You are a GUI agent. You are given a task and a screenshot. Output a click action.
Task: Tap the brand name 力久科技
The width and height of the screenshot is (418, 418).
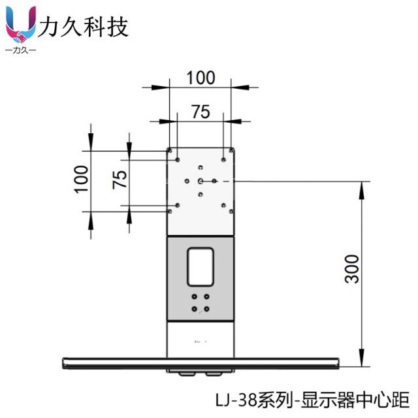point(84,27)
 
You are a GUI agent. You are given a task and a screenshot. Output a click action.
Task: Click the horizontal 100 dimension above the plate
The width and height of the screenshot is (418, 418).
point(201,77)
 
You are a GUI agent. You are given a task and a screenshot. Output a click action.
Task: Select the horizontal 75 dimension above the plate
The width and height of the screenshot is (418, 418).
point(201,112)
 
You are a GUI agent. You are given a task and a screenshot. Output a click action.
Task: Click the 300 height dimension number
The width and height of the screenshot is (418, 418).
point(353,268)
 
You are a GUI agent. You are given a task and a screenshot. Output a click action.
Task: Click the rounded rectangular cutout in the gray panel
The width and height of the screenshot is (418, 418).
point(201,266)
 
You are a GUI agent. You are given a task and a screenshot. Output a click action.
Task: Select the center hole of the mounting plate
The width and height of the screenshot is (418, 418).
point(201,180)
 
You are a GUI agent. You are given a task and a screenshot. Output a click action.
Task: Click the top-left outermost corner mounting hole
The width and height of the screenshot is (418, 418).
point(170,150)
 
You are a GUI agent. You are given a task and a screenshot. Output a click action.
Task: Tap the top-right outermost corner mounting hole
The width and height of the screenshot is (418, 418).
point(231,150)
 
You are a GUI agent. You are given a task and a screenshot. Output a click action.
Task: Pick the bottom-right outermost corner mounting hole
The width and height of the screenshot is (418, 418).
point(231,211)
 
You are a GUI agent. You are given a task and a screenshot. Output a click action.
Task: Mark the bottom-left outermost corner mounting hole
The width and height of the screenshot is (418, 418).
point(170,211)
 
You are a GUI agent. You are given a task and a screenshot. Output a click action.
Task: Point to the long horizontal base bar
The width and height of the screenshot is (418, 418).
point(201,362)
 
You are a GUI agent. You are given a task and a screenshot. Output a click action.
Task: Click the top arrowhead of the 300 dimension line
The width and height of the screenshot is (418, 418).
point(361,185)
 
